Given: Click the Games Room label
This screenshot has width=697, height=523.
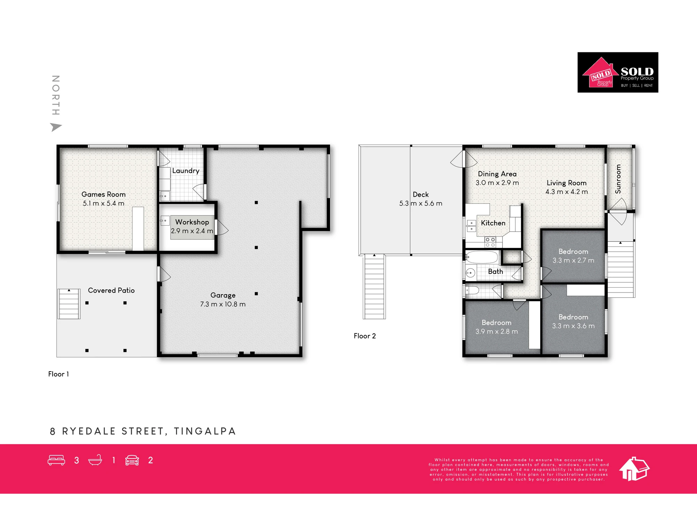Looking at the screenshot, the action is tap(104, 194).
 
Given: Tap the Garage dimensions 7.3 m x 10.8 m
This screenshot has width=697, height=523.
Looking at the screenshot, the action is tap(223, 304).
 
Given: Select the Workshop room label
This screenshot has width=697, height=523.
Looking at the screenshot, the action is tap(192, 222).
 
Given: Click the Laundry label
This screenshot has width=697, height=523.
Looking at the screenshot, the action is tap(186, 170).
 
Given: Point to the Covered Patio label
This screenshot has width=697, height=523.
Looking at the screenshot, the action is tap(111, 290).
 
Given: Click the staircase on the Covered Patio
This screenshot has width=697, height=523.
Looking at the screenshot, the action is tap(69, 304).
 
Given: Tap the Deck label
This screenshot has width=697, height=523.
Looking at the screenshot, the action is tap(421, 194).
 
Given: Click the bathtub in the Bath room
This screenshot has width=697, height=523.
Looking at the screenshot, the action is tap(482, 257).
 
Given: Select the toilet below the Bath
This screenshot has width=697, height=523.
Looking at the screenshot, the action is tap(472, 290).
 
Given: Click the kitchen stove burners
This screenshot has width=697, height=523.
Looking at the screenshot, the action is tap(490, 242).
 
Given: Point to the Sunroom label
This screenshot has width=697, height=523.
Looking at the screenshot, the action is tap(618, 179).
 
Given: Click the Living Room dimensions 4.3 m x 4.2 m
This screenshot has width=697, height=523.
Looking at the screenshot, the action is tap(567, 192).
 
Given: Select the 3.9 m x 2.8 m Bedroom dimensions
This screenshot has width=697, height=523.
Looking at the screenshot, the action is tap(497, 331).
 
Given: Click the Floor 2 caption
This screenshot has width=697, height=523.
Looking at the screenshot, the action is tap(365, 336).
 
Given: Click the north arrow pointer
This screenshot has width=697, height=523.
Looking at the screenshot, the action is tap(55, 127).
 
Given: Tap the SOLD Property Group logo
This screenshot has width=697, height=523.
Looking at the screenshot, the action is tap(618, 72).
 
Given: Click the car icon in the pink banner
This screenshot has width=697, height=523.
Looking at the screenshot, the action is tap(132, 460).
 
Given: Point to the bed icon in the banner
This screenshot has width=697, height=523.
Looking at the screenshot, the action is tap(56, 460).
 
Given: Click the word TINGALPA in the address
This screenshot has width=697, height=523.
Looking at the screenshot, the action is tap(205, 431).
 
